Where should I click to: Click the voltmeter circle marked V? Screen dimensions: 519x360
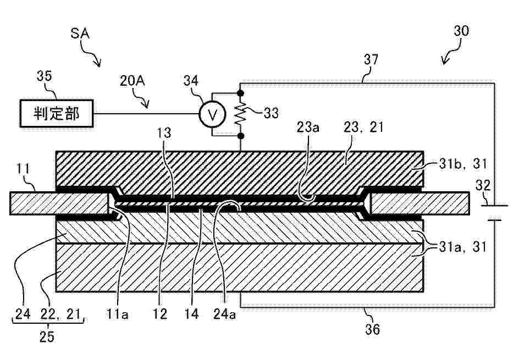point(212,114)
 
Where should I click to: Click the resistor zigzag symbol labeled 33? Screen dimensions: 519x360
point(241,114)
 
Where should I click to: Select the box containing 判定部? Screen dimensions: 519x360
point(57,113)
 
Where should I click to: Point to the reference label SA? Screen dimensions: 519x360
point(80,34)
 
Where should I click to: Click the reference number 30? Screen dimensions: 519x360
point(461,31)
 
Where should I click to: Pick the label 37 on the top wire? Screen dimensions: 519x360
point(371,59)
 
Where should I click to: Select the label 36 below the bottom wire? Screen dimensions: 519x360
point(372,329)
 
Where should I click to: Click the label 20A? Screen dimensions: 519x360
point(132,81)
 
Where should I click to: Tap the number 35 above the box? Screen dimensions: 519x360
point(44,76)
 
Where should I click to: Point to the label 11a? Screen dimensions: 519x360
point(117,314)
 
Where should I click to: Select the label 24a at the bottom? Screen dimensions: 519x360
point(224,314)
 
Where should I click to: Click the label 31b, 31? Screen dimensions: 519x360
point(463,164)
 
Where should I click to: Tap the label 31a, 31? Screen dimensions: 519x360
point(463,247)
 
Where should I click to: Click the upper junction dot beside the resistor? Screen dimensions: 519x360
point(241,93)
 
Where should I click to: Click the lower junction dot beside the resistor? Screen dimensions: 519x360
point(241,136)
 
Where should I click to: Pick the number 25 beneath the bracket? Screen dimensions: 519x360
point(47,336)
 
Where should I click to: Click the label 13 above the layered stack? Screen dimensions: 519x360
point(164,132)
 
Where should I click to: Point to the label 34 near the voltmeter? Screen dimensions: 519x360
point(191,80)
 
